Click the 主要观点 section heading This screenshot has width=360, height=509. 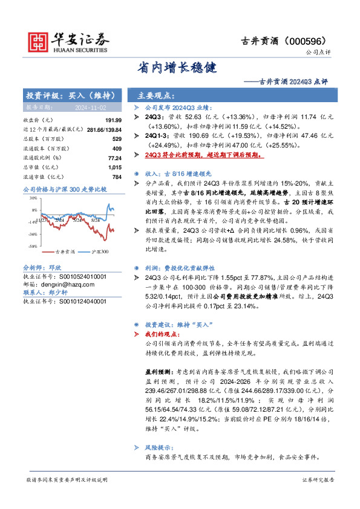pyautogui.click(x=156, y=96)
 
